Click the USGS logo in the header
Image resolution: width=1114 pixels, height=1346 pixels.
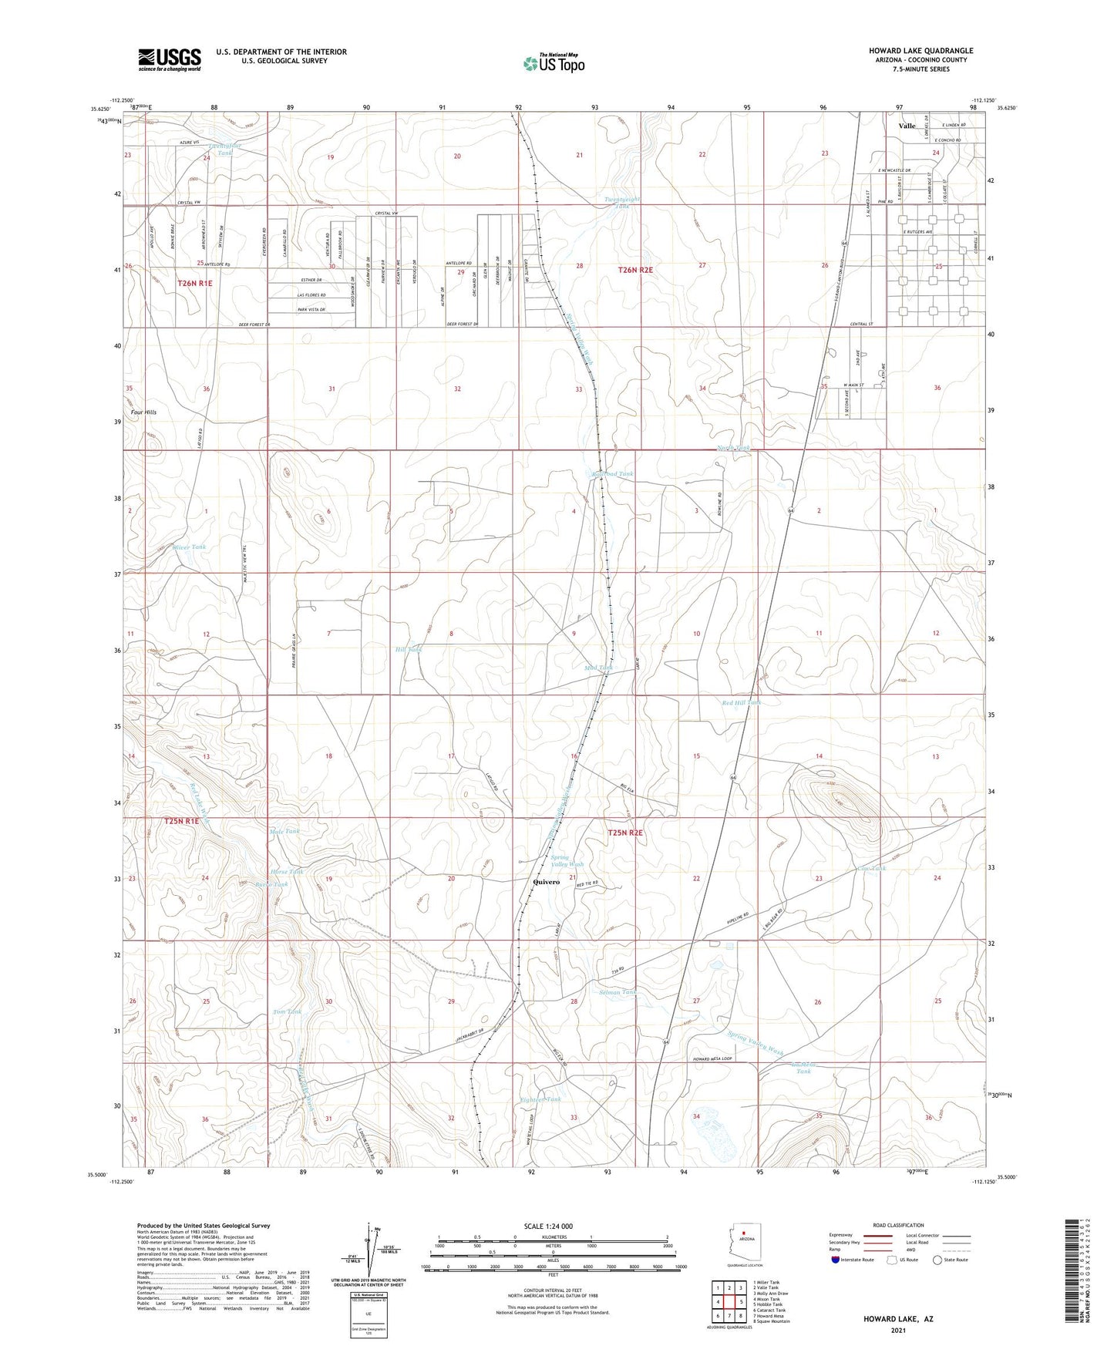170,59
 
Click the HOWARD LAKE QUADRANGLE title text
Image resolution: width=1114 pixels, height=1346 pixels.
920,51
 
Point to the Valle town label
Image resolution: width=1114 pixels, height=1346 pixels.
907,126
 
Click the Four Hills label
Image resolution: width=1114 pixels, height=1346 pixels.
143,412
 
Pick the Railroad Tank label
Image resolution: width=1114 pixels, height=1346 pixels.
613,474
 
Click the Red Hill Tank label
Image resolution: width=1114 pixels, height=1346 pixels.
742,703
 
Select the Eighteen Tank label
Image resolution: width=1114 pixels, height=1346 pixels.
540,1099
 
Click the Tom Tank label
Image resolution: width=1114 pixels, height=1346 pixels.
288,1011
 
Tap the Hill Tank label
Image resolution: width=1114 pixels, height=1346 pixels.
409,650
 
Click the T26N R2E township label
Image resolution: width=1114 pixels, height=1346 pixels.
635,270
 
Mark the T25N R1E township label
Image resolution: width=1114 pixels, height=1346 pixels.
181,822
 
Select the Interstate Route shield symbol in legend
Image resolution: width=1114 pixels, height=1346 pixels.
836,1260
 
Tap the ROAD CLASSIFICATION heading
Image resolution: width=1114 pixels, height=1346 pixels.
897,1225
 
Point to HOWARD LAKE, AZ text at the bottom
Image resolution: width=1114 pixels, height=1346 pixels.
897,1319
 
